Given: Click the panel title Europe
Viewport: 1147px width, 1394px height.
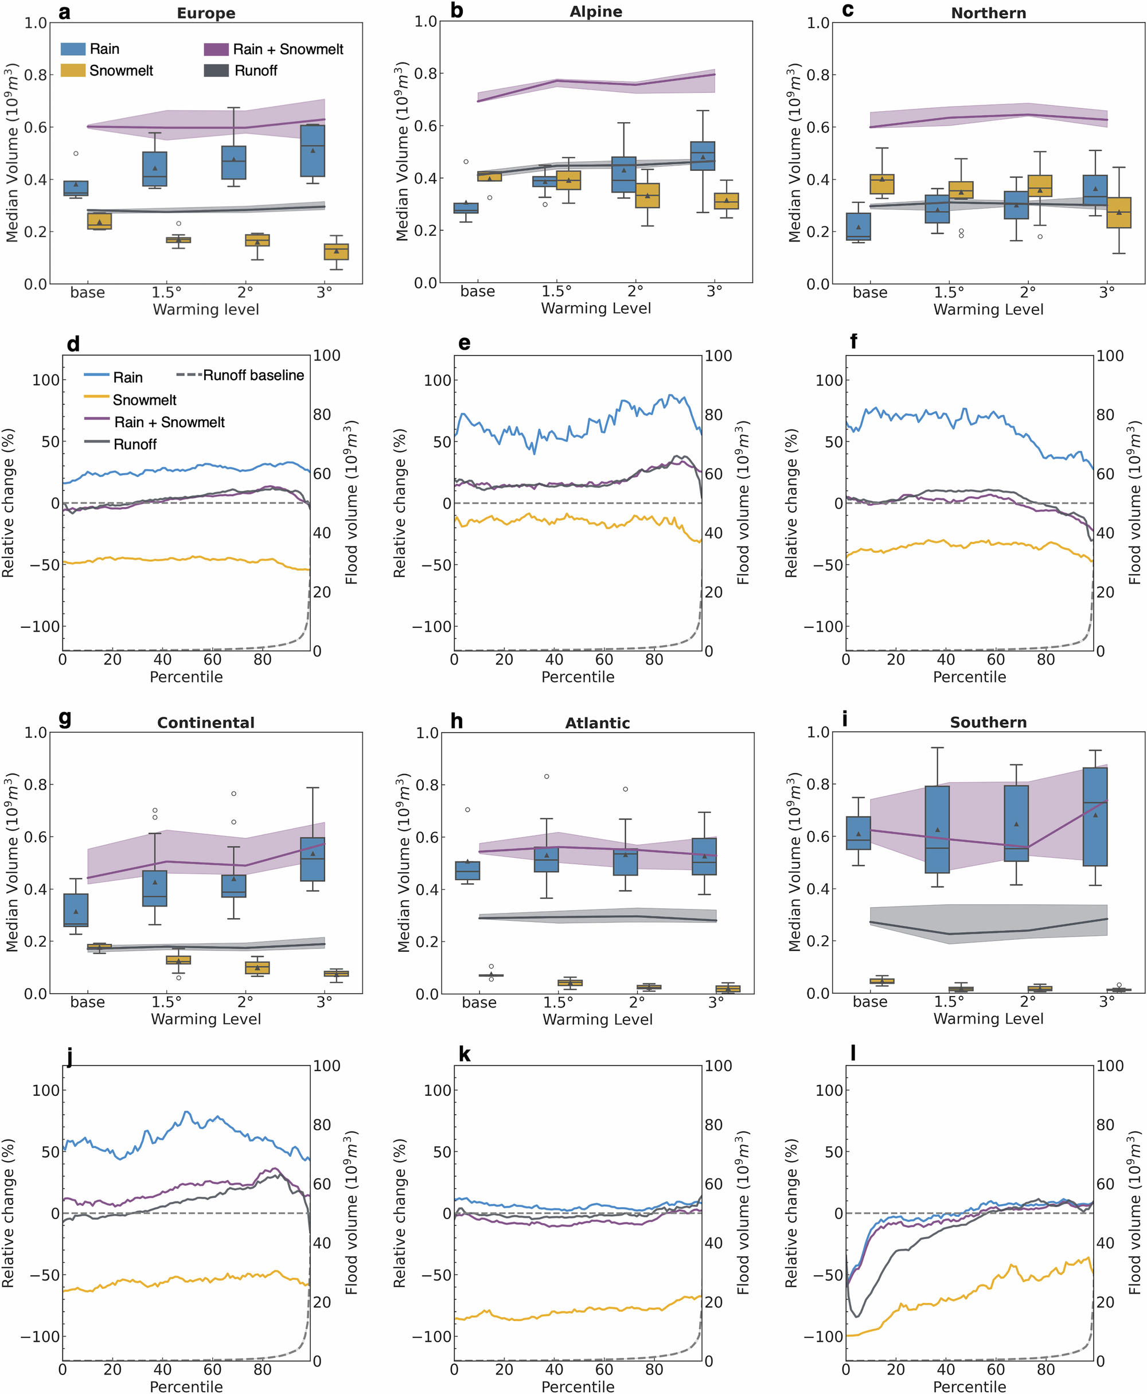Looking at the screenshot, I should click(205, 13).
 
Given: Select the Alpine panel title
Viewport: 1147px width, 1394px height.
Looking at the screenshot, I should click(595, 12).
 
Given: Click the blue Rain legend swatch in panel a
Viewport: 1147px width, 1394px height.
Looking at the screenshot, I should click(73, 49).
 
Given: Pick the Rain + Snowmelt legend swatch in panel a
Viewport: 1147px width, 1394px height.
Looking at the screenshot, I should click(216, 49).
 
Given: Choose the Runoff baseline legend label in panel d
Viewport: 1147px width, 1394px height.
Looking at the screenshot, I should click(253, 375).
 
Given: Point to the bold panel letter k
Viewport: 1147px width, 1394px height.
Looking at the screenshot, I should click(465, 1055).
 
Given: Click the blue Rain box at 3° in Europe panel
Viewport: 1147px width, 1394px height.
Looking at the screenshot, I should click(313, 151).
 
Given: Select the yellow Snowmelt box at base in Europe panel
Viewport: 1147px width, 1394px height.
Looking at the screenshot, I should click(99, 221).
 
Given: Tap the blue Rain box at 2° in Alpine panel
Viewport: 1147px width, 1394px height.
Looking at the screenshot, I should click(624, 175).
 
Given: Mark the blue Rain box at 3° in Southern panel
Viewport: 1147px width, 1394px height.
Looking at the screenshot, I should click(1095, 817).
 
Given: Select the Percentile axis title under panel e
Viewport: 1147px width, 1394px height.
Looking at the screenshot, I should click(578, 677).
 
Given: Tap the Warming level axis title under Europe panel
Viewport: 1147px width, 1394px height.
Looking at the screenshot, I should click(205, 309).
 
